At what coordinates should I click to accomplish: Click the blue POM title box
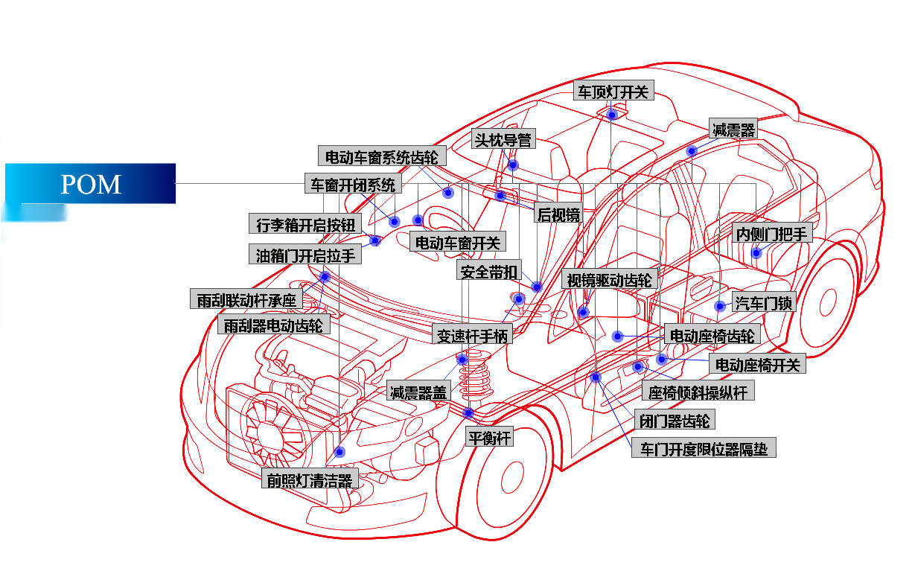pyautogui.click(x=90, y=183)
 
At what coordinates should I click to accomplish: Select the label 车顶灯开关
pyautogui.click(x=613, y=91)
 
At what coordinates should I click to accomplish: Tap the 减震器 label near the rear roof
pyautogui.click(x=733, y=129)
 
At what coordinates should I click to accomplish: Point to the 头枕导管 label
pyautogui.click(x=503, y=139)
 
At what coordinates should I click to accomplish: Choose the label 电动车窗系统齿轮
pyautogui.click(x=382, y=156)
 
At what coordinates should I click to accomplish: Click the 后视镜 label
pyautogui.click(x=558, y=213)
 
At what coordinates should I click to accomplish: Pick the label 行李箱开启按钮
pyautogui.click(x=305, y=224)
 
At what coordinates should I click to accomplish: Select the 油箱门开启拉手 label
pyautogui.click(x=305, y=255)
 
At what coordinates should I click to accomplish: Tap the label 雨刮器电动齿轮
pyautogui.click(x=274, y=325)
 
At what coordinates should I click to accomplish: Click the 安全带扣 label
pyautogui.click(x=489, y=270)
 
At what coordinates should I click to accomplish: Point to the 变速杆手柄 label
pyautogui.click(x=472, y=334)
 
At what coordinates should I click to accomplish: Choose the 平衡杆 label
pyautogui.click(x=489, y=437)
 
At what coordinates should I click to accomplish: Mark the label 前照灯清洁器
pyautogui.click(x=310, y=479)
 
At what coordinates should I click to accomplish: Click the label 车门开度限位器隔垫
pyautogui.click(x=704, y=448)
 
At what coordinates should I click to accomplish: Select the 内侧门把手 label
pyautogui.click(x=772, y=233)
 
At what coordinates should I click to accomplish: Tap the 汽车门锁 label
pyautogui.click(x=764, y=302)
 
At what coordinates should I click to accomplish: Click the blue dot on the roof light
pyautogui.click(x=612, y=115)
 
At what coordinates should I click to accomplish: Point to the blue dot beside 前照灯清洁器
pyautogui.click(x=339, y=452)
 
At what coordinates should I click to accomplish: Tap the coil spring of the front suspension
pyautogui.click(x=474, y=376)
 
